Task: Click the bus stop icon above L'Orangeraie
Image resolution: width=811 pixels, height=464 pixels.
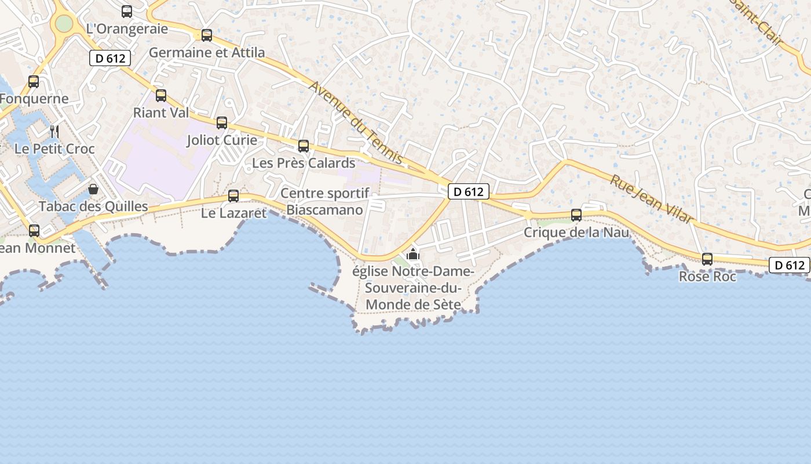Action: tap(127, 11)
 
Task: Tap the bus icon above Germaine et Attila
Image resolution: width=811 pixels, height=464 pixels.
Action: tap(207, 35)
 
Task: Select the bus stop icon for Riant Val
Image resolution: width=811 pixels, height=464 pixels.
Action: tap(161, 96)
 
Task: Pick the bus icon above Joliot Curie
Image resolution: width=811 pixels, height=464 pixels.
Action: tap(222, 123)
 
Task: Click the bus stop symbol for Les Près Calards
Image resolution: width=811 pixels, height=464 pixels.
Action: tap(304, 146)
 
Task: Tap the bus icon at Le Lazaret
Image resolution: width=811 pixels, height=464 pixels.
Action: tap(233, 196)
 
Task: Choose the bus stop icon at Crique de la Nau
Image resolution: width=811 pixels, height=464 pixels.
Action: tap(576, 215)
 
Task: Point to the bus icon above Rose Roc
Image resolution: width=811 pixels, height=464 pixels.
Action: tap(707, 259)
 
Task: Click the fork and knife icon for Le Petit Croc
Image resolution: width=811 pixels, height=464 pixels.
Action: tap(54, 132)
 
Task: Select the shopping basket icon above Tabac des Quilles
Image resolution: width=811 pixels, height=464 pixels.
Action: tap(93, 189)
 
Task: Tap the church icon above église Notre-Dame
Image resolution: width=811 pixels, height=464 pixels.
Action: tap(413, 254)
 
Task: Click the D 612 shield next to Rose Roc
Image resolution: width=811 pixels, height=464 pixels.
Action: tap(789, 265)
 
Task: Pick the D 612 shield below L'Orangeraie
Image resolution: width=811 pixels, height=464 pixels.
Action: tap(110, 58)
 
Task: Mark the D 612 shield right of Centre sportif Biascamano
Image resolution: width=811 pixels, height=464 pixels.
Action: tap(469, 191)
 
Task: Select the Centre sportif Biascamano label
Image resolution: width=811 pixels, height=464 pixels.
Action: tap(324, 202)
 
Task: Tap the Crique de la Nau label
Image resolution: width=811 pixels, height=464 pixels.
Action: tap(576, 233)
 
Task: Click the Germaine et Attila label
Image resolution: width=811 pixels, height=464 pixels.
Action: tap(207, 53)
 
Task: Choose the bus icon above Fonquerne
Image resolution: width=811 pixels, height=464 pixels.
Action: tap(34, 82)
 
